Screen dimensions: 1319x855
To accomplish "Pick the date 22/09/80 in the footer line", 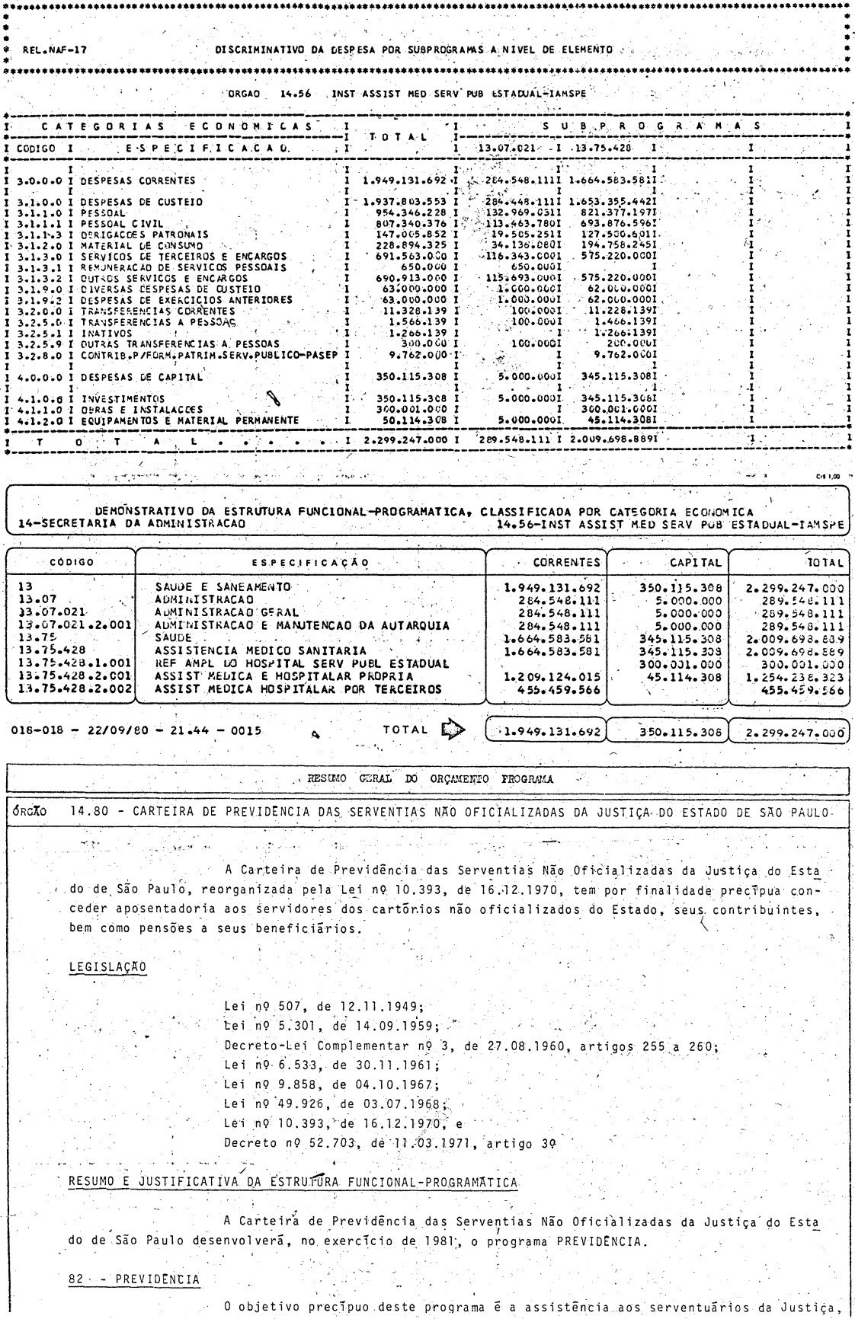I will click(x=101, y=732).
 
